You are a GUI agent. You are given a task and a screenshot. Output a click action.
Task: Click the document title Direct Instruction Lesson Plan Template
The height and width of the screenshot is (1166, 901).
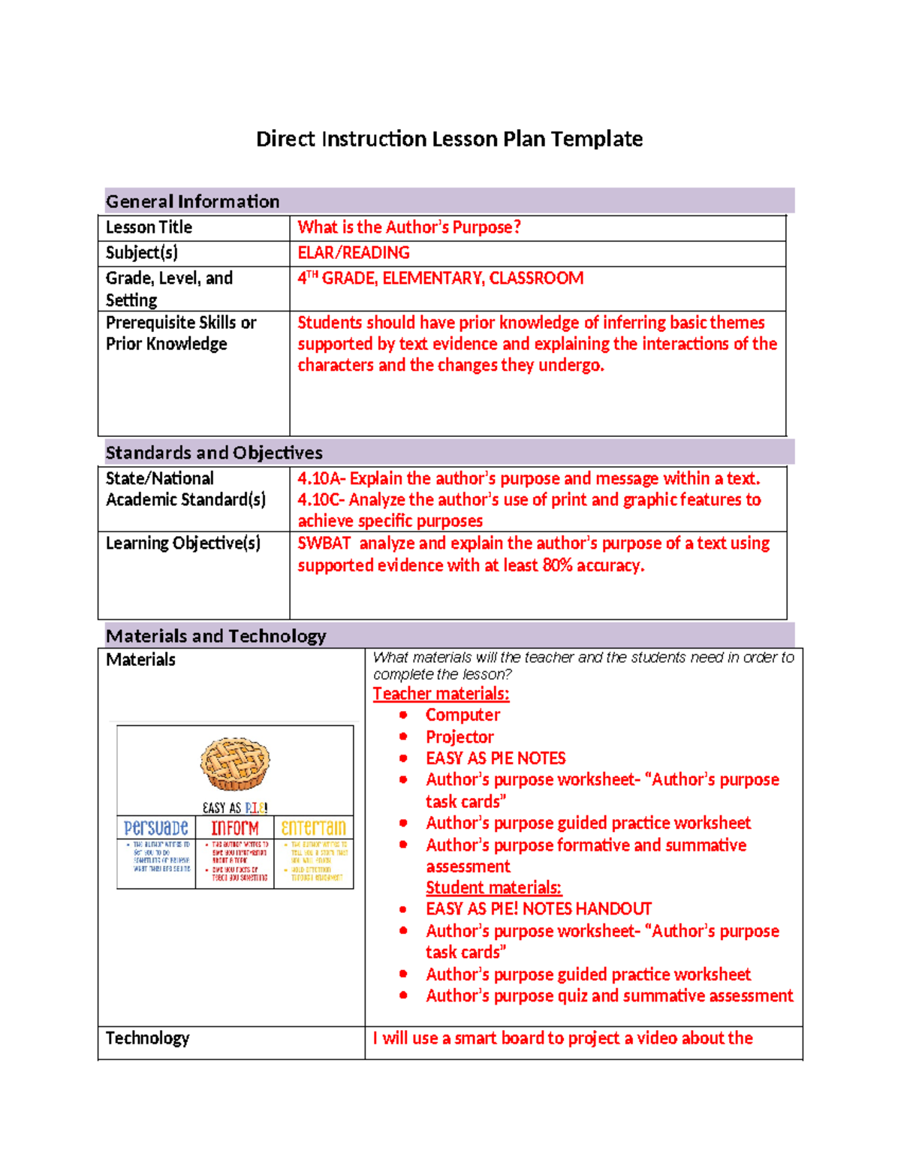coord(449,139)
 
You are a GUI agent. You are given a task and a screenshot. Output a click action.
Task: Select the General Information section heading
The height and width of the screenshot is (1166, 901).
coord(192,201)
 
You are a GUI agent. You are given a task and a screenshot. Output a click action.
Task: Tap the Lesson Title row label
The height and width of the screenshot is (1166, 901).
coord(149,227)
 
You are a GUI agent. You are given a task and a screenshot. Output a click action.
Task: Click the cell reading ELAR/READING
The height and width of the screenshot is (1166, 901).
coord(354,253)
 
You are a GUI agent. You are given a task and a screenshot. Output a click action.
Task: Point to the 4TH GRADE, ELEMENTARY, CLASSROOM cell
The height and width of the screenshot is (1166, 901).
coord(440,279)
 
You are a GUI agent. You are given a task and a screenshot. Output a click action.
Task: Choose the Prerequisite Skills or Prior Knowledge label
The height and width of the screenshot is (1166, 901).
coord(180,333)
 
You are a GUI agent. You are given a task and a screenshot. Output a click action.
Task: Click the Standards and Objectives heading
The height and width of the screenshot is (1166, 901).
coord(214,453)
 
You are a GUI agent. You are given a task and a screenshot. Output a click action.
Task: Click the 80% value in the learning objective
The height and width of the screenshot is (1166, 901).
coord(558,565)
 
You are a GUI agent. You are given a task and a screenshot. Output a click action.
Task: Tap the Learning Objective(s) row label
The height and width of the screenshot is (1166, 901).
coord(182,544)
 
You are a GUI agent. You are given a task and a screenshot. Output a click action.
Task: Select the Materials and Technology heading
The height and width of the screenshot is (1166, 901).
coord(215,636)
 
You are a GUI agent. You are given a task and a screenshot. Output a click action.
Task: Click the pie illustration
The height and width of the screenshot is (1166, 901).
coord(235,764)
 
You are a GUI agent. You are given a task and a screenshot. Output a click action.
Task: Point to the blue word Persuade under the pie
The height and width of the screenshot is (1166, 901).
coord(156,828)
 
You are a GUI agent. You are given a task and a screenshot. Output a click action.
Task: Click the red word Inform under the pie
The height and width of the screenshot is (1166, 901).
coord(235,828)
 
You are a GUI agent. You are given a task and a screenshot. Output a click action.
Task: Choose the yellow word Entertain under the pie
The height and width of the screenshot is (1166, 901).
coord(313,828)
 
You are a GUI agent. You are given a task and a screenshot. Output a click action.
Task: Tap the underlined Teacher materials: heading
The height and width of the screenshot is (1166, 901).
coord(441,694)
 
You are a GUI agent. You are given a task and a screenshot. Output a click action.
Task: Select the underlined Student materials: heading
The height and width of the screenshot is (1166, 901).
coord(493,887)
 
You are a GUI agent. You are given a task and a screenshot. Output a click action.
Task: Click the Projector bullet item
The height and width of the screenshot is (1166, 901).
coord(460,737)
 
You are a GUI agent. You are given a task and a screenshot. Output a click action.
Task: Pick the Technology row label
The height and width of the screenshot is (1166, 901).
coord(147,1038)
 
